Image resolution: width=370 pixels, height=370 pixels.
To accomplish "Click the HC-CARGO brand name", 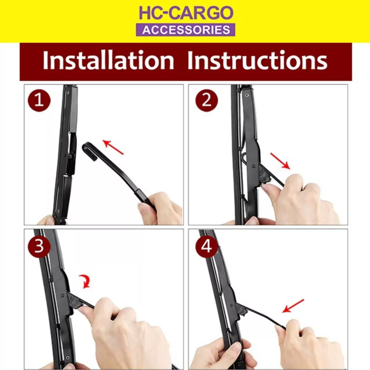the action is tap(186, 13).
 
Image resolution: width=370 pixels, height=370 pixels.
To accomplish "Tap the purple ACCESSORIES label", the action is tap(186, 30).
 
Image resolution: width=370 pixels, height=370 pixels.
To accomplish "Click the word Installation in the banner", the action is tap(108, 60).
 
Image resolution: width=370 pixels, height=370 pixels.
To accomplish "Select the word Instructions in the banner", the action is tap(257, 60).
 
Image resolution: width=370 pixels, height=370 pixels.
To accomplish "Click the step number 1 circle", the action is tap(39, 101).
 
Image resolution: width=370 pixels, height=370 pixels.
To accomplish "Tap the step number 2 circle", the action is tap(207, 101).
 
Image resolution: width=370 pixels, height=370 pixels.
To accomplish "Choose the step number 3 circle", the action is tap(39, 246).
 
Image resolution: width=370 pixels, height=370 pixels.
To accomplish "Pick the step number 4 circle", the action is tap(207, 246).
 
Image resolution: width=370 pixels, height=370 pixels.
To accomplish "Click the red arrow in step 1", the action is tap(113, 147).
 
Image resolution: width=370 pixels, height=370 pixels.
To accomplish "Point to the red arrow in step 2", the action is tap(280, 161).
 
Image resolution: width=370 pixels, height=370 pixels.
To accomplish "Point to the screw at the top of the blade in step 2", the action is tap(247, 95).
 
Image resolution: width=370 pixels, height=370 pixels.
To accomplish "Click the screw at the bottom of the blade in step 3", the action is tap(67, 358).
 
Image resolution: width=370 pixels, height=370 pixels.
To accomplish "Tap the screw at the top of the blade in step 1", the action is tap(68, 93).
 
